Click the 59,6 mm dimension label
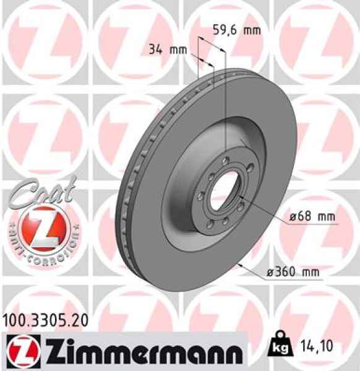pyautogui.click(x=237, y=29)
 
